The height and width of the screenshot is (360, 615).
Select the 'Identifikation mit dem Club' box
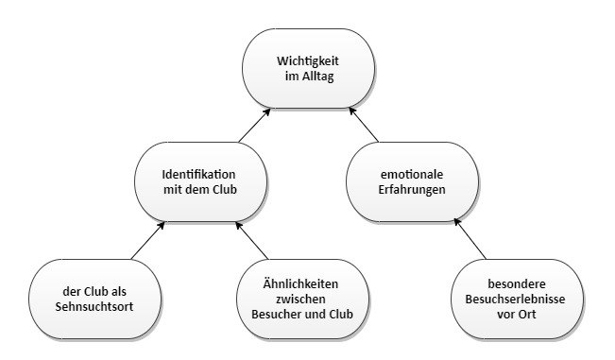(x=198, y=182)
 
